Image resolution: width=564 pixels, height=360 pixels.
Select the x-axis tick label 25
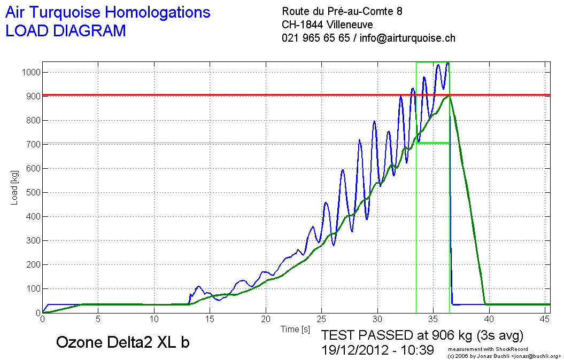coord(321,319)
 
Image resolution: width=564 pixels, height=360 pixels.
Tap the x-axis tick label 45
coord(544,319)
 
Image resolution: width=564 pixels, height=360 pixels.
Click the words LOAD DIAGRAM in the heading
coord(65,31)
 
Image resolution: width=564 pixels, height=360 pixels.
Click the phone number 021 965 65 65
coord(315,38)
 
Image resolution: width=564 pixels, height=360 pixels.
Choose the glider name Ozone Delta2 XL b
coord(122,342)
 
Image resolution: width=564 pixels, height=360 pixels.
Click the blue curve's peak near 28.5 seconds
coord(360,140)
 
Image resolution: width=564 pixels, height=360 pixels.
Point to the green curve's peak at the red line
coord(450,96)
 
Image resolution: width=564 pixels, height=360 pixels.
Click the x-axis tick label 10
coord(153,319)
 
